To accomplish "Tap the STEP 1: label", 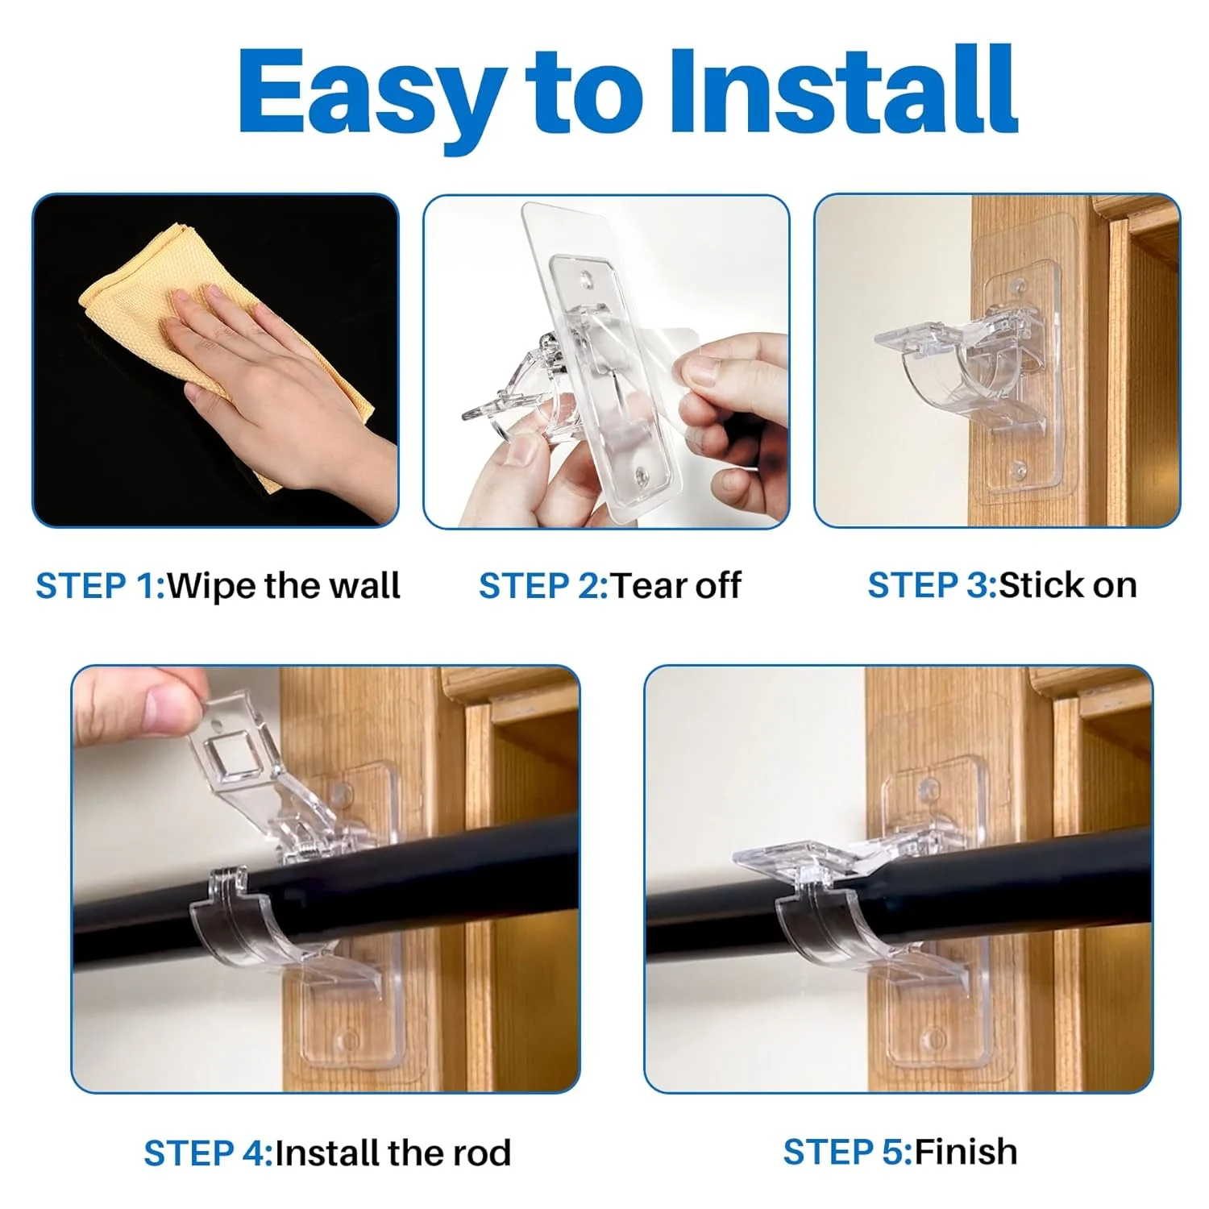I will (x=100, y=586).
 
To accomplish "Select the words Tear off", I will (x=675, y=586).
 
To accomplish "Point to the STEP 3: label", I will (x=932, y=586).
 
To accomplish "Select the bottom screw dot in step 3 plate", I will (x=1017, y=467).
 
